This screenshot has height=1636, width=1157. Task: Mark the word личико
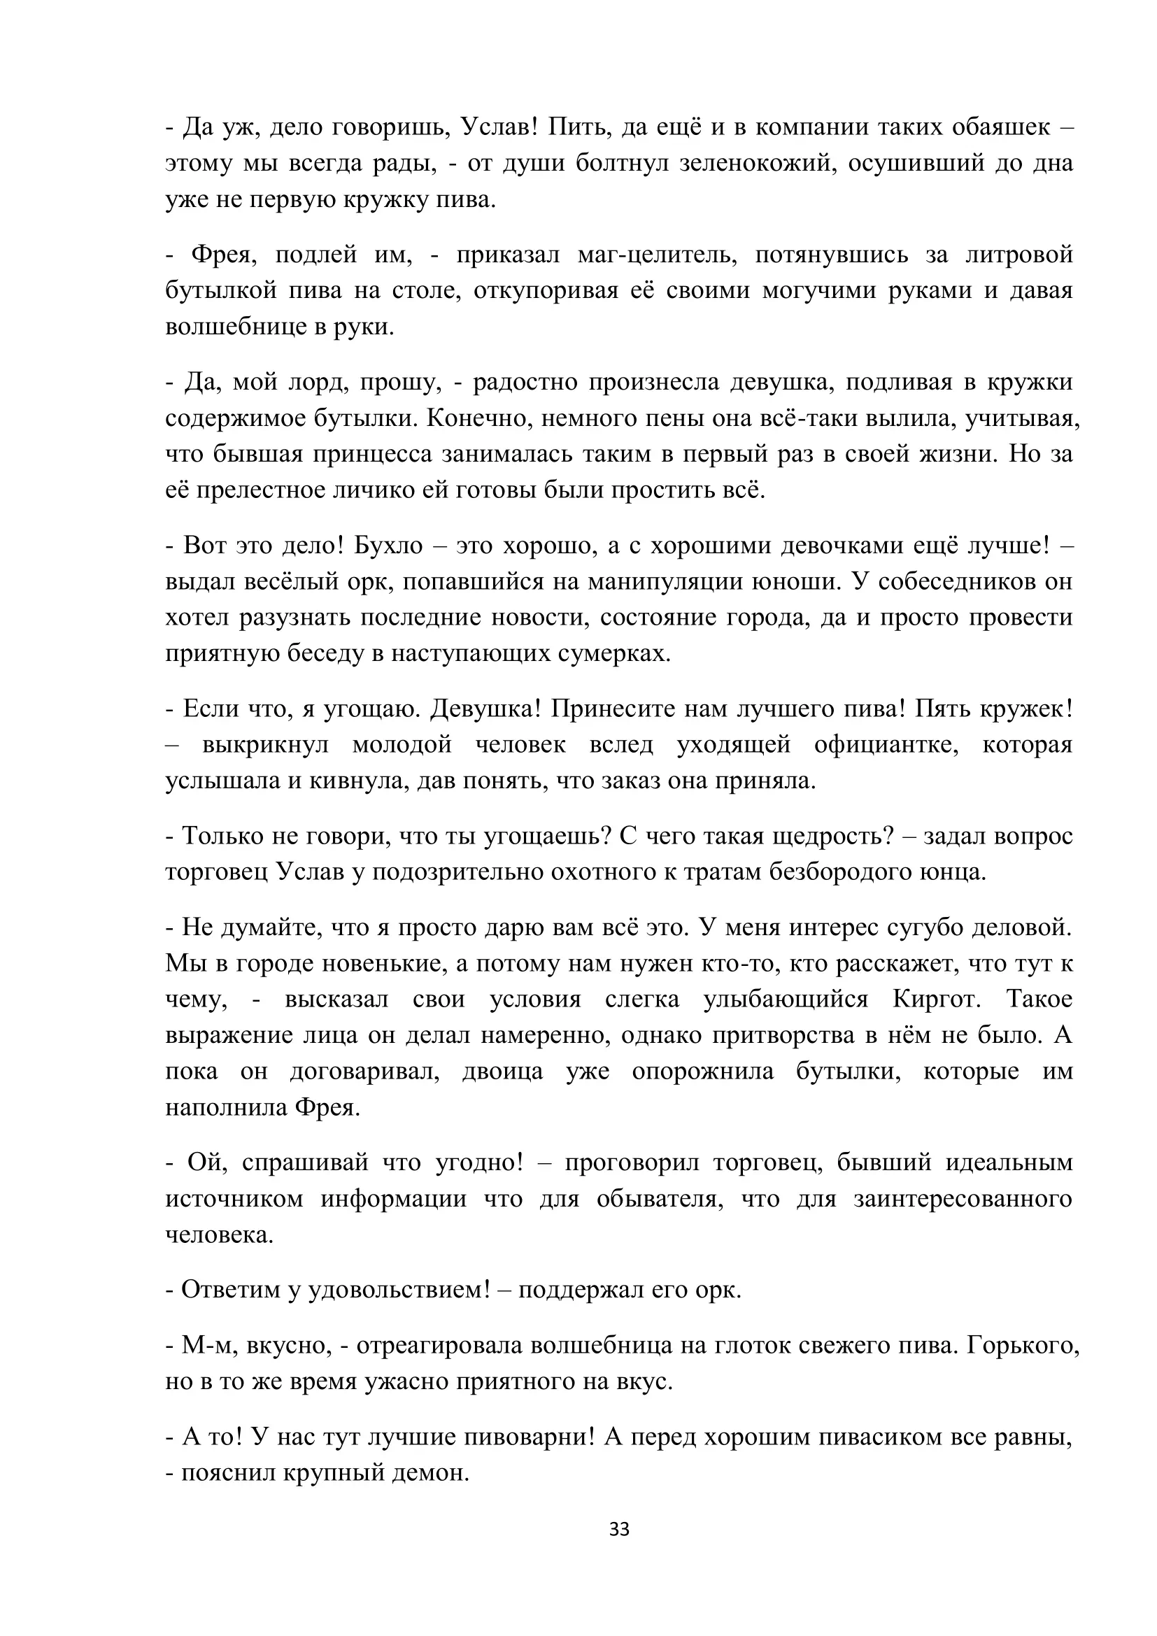(372, 490)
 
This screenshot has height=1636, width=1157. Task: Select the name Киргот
(937, 999)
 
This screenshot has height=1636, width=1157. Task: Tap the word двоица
(503, 1071)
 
